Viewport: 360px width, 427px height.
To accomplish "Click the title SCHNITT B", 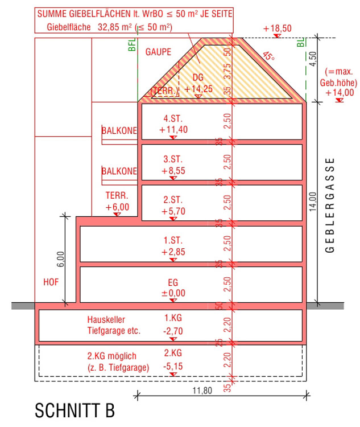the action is point(75,410).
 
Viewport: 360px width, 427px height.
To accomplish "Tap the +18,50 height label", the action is point(278,28).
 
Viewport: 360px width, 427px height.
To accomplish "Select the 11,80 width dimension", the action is point(202,391).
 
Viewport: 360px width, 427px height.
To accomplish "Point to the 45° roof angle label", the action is point(268,56).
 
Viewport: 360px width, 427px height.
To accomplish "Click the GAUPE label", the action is point(158,52).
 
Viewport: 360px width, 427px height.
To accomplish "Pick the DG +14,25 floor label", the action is point(198,83).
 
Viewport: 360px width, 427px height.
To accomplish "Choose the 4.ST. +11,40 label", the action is point(173,124).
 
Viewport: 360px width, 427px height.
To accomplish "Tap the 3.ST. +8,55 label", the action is point(173,165).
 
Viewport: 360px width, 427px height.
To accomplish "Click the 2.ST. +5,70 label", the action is point(173,206).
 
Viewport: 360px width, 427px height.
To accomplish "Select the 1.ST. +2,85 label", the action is point(173,246).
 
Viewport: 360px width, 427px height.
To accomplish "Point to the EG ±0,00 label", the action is point(173,288).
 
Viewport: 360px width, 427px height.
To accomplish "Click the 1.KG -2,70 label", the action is point(173,325).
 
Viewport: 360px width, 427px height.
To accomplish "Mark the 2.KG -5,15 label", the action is point(173,359).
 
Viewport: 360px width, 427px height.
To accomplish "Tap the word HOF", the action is point(51,282).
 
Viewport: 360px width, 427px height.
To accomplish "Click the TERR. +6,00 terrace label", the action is point(117,201).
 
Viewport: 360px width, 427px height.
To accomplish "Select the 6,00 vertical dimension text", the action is point(61,259).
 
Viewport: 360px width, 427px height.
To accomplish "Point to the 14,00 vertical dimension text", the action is point(313,202).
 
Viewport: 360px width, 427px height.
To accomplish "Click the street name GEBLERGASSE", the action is point(330,206).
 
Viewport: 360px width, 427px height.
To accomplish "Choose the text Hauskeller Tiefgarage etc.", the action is point(114,325).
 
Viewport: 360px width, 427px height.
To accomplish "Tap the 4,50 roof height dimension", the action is point(313,59).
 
